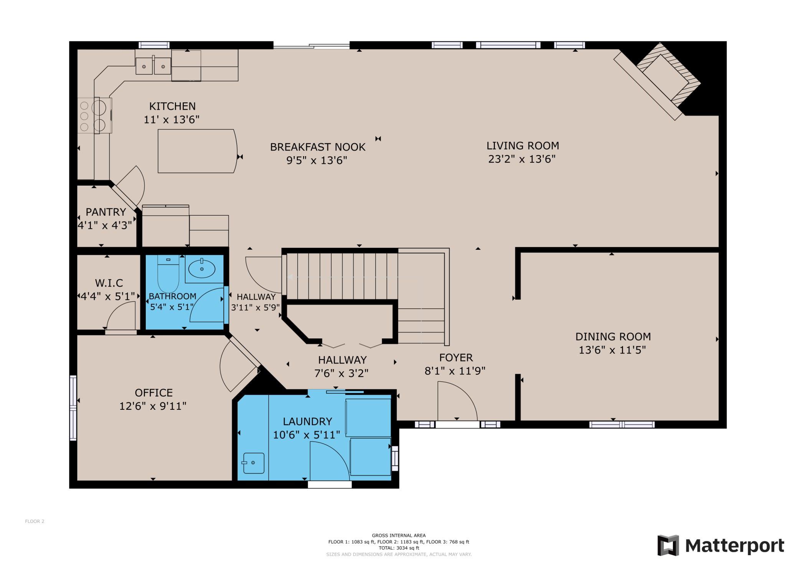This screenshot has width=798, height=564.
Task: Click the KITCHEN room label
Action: coord(172,106)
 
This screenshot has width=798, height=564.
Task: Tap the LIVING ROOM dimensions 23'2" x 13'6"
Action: coord(522,159)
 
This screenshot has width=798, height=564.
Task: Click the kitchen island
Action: coord(197,151)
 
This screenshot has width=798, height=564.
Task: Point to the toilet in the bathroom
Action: coord(168,275)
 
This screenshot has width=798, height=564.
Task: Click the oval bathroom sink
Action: coord(202,269)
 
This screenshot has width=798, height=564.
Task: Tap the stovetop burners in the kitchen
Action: coord(92,115)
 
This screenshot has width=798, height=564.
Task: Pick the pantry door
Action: coord(130,188)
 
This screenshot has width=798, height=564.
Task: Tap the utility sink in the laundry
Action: coord(254,463)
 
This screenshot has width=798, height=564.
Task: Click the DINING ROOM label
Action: coord(613,336)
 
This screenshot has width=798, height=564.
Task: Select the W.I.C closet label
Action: coord(109,283)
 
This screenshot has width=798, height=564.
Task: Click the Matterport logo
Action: coord(721,545)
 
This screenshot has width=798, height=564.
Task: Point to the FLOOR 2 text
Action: coord(35,521)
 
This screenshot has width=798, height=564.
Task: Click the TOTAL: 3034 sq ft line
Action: coord(399,548)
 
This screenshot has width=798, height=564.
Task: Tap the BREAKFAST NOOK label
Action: coord(318,147)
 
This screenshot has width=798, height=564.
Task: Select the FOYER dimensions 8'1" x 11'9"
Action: coord(455,371)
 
